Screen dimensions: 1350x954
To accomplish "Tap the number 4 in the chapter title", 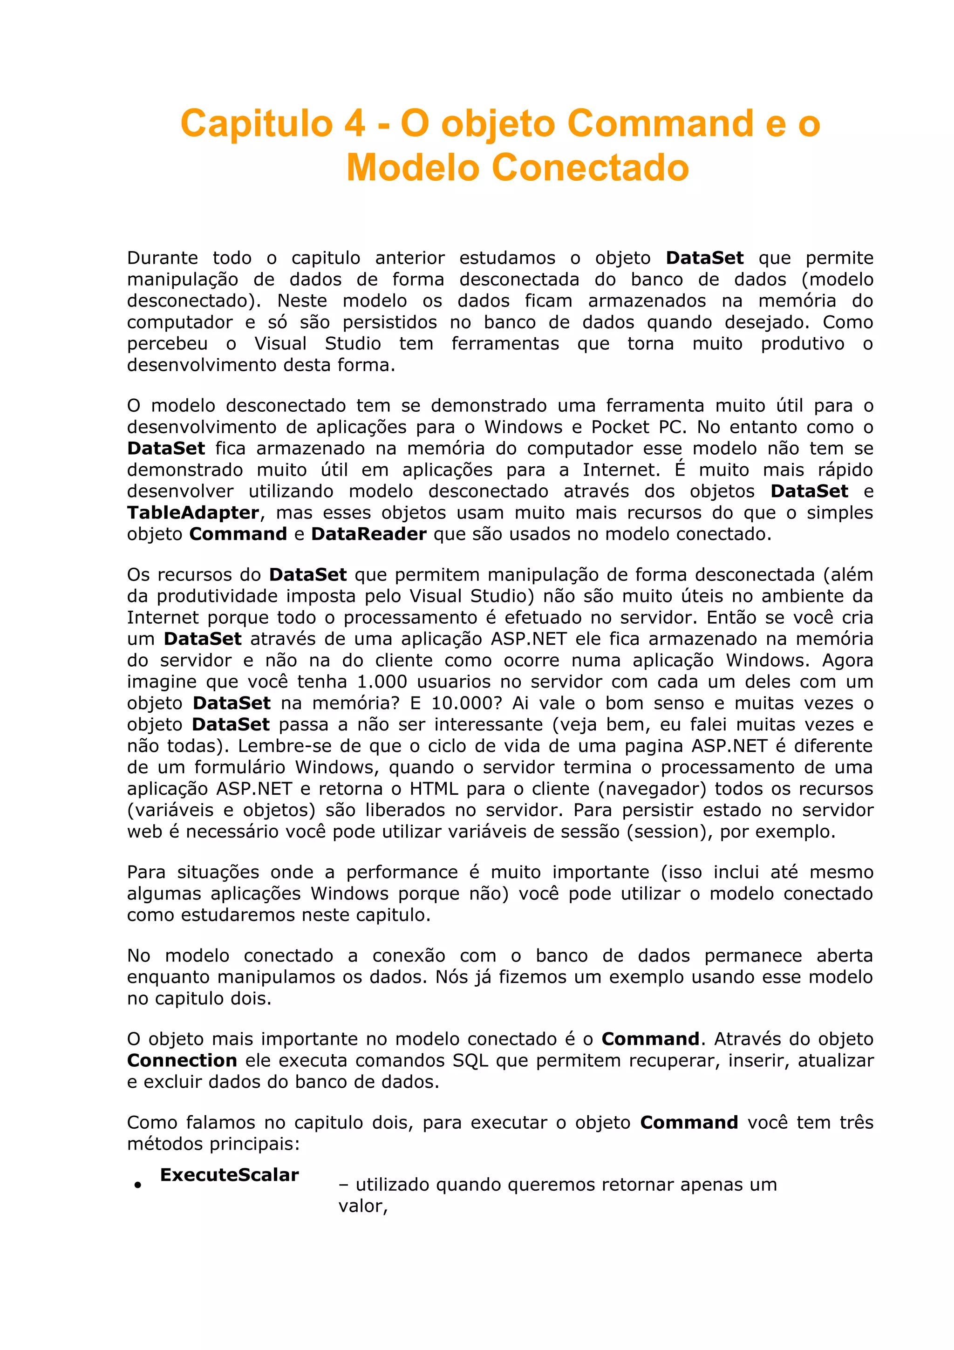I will [x=354, y=124].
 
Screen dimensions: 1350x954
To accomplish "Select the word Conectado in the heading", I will [x=590, y=168].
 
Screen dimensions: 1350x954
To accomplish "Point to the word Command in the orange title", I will [x=660, y=124].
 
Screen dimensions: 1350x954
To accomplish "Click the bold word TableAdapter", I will [x=193, y=513].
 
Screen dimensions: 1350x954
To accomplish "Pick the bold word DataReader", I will [x=368, y=534].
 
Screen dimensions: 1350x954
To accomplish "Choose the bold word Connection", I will [x=182, y=1060].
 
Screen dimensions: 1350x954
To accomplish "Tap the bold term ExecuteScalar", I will [x=229, y=1175].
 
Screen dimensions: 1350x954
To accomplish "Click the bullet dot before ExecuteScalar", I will [x=137, y=1186].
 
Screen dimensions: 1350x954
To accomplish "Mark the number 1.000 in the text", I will [x=382, y=682].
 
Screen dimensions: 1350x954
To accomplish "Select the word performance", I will [x=402, y=872].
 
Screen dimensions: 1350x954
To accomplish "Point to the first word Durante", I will [x=162, y=258].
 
